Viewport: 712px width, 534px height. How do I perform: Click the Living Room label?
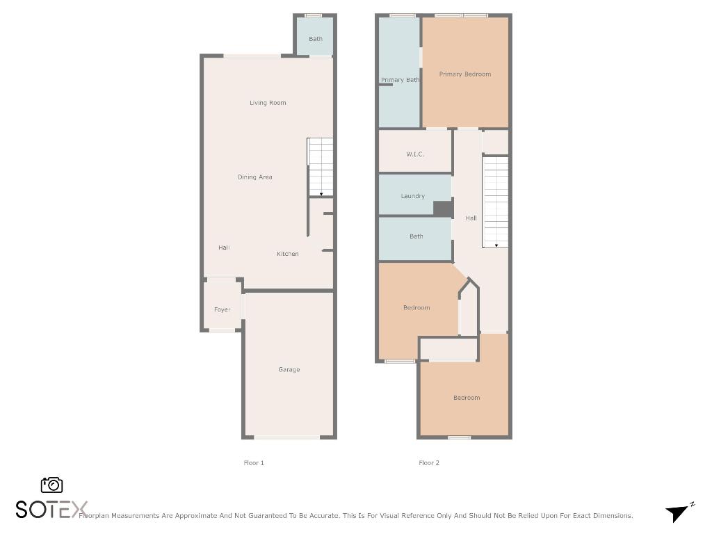pyautogui.click(x=268, y=103)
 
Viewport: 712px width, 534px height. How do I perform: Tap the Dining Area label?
pyautogui.click(x=254, y=177)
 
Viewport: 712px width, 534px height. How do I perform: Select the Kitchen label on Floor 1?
pyautogui.click(x=287, y=254)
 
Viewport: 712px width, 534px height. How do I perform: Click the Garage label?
pyautogui.click(x=289, y=370)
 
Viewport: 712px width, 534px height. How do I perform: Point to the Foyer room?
pyautogui.click(x=222, y=309)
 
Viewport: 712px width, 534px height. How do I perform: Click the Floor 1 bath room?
pyautogui.click(x=315, y=39)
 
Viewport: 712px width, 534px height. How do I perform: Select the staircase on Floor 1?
pyautogui.click(x=320, y=167)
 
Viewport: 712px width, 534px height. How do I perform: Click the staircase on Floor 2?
pyautogui.click(x=495, y=202)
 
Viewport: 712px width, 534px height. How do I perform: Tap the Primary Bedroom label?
pyautogui.click(x=464, y=74)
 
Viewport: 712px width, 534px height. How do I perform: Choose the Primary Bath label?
pyautogui.click(x=400, y=80)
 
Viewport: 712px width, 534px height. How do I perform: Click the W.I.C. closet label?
pyautogui.click(x=415, y=154)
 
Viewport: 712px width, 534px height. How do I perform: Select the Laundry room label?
pyautogui.click(x=412, y=196)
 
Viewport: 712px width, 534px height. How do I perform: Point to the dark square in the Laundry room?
pyautogui.click(x=442, y=209)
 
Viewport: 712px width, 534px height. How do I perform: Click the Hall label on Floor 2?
pyautogui.click(x=471, y=218)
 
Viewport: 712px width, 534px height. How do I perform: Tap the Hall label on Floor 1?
pyautogui.click(x=223, y=248)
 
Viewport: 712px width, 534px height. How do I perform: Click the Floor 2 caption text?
pyautogui.click(x=428, y=463)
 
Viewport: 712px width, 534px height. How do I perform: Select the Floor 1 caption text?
pyautogui.click(x=254, y=463)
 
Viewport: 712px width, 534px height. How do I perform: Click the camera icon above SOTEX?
pyautogui.click(x=51, y=485)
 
